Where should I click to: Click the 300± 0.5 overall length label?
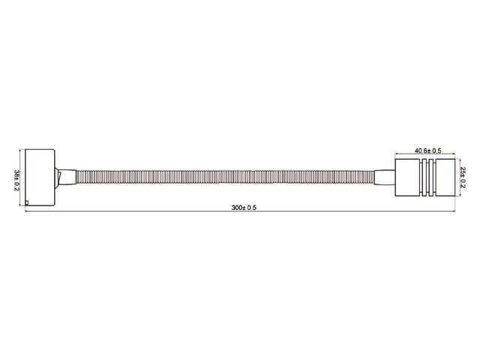tap(244, 208)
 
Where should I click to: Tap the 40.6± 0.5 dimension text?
tap(428, 151)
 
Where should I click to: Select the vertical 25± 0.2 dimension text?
tap(463, 178)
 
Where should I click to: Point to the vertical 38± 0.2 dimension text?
tap(16, 180)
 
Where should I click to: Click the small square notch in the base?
tap(27, 202)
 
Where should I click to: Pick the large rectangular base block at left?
tap(40, 177)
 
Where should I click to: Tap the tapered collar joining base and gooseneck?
tap(66, 177)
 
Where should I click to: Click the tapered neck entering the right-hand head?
tap(385, 178)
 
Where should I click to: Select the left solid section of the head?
tap(407, 178)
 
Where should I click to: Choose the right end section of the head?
tap(445, 178)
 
